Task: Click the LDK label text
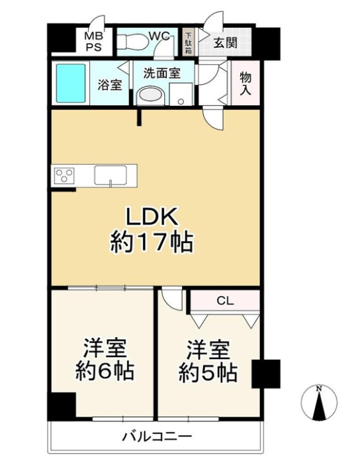click(x=152, y=217)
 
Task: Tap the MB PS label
click(x=94, y=42)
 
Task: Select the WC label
click(x=159, y=36)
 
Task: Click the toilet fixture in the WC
click(x=132, y=42)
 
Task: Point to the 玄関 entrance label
click(x=225, y=43)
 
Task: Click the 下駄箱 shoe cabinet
click(x=188, y=42)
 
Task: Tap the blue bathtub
click(x=71, y=83)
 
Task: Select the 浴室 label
click(x=110, y=85)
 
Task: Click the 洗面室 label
click(x=161, y=73)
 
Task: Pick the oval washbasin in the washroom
click(x=152, y=95)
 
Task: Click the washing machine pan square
click(x=181, y=94)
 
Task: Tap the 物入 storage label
click(x=246, y=83)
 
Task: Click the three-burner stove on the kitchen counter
click(x=64, y=176)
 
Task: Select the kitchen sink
click(x=111, y=176)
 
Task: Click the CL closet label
click(x=225, y=301)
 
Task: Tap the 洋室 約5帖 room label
click(x=208, y=361)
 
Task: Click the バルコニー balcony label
click(x=157, y=436)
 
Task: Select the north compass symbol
click(x=319, y=401)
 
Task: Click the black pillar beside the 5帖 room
click(x=266, y=374)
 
